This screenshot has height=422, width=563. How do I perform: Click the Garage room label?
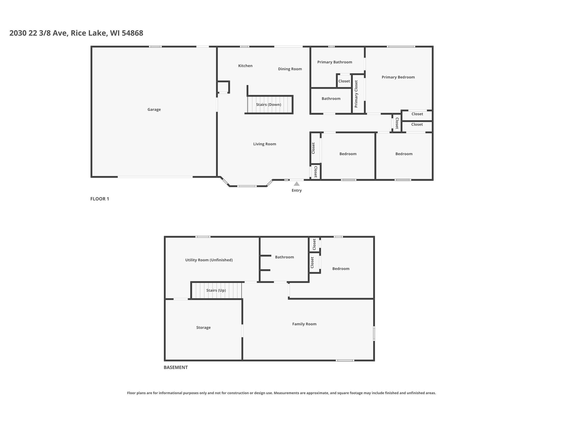tap(154, 110)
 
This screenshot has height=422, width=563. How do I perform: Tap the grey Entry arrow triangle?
tap(297, 184)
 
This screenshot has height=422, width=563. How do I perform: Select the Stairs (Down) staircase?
tap(270, 105)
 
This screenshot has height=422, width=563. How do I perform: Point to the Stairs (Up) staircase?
tap(216, 290)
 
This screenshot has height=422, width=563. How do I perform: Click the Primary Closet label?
tap(356, 94)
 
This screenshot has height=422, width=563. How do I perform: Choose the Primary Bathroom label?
tap(335, 62)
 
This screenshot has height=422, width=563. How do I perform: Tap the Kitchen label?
tap(245, 66)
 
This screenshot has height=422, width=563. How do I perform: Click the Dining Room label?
tap(290, 69)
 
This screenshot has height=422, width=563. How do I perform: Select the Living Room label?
tap(264, 144)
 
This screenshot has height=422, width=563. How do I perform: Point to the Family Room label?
tap(304, 324)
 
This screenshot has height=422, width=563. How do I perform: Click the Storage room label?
tap(203, 328)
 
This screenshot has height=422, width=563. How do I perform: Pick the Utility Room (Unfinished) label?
tap(209, 260)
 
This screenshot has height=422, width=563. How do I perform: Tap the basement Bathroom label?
tap(284, 257)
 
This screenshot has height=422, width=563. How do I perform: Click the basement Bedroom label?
tap(341, 269)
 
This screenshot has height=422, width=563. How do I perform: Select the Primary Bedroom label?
tap(398, 77)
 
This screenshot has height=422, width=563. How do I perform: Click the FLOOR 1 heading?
tap(100, 199)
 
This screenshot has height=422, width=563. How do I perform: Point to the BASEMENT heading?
tap(175, 367)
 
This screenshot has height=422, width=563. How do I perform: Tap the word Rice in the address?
tap(78, 33)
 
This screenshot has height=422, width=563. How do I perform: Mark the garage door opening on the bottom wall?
tap(155, 177)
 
